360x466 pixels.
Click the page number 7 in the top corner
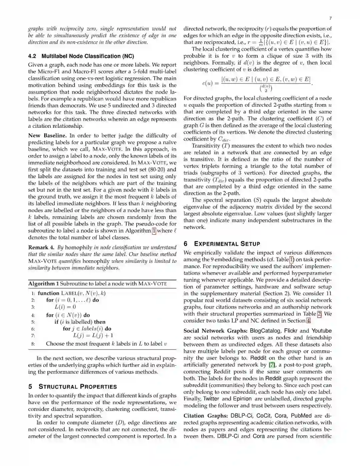330,18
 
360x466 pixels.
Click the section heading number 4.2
32,56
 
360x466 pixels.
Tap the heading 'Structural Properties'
77,387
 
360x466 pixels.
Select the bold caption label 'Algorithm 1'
43,284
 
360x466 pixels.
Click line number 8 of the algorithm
33,344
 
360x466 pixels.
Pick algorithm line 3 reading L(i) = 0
65,307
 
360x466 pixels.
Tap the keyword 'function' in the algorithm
48,293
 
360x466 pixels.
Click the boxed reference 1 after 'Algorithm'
154,230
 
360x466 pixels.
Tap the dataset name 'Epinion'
242,399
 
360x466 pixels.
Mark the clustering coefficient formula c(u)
257,83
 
